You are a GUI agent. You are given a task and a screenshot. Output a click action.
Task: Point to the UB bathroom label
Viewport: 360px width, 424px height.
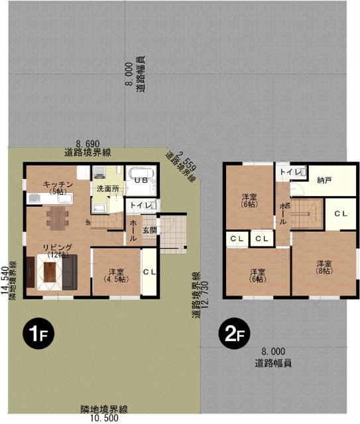[141, 180]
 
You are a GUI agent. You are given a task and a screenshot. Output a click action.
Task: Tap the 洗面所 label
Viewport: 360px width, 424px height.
[107, 189]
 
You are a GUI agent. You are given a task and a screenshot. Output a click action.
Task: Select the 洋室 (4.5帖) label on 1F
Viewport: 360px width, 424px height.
[115, 275]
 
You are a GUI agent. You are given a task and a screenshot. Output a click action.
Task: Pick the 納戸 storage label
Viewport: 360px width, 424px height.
[324, 180]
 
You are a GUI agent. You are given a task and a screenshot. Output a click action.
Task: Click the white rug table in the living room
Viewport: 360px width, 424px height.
[51, 272]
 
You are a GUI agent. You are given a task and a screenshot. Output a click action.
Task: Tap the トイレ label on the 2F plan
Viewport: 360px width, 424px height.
[288, 172]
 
